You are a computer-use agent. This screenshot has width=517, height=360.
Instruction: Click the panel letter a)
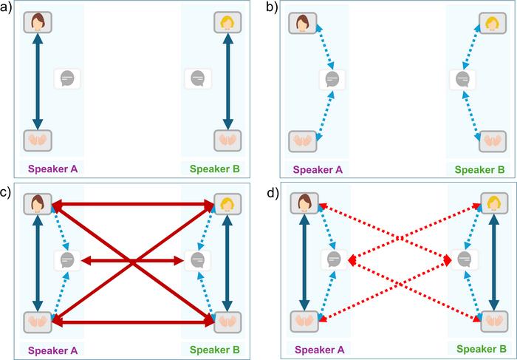click(x=7, y=8)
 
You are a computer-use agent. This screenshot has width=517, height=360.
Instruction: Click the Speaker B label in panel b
click(x=479, y=169)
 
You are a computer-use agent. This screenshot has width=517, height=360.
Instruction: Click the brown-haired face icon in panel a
click(x=36, y=22)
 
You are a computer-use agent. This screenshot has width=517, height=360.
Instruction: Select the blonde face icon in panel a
click(x=228, y=22)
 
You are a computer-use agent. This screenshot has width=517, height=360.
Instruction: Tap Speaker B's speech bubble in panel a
click(x=197, y=77)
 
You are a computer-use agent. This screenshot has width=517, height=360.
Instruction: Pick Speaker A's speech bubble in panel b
click(x=332, y=78)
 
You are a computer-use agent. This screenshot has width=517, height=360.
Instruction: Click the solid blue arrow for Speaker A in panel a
click(x=36, y=80)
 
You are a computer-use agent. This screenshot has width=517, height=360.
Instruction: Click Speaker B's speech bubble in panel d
click(x=464, y=259)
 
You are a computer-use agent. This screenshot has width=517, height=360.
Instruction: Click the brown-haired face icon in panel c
click(x=36, y=203)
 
